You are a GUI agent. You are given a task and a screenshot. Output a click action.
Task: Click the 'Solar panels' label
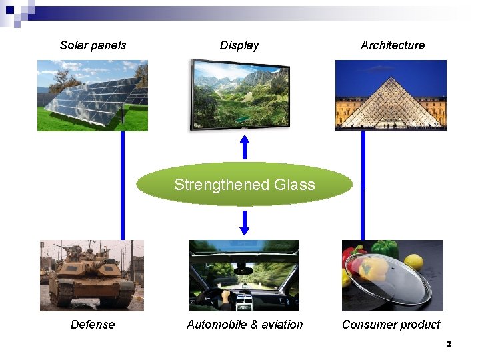93,45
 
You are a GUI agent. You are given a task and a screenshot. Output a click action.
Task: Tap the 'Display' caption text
239,45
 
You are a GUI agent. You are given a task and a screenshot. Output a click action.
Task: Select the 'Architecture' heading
392,45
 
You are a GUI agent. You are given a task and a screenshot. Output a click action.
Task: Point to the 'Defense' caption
93,325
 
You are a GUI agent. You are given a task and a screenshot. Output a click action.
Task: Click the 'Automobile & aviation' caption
245,325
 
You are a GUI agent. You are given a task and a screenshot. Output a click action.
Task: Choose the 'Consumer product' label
391,325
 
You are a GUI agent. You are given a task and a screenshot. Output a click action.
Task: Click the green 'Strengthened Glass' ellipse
244,185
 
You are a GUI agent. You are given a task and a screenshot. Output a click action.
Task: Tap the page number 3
449,345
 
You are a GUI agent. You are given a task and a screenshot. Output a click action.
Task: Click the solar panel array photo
92,95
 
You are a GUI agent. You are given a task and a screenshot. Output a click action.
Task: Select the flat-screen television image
240,95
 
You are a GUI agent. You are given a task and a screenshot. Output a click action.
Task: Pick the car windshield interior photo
244,275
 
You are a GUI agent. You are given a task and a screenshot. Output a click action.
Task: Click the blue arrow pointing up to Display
245,147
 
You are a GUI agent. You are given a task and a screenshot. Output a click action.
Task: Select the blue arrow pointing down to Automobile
245,223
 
